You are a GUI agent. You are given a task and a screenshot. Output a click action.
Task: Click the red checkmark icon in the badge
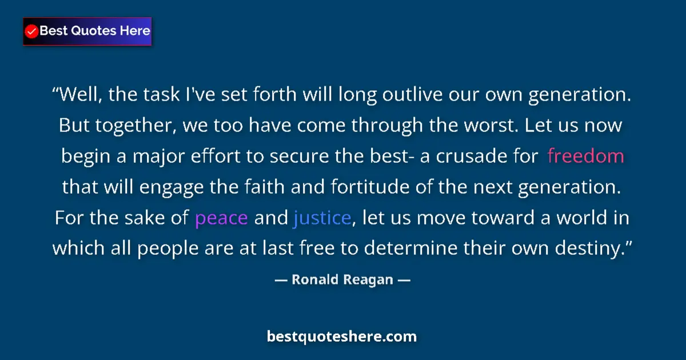pos(32,31)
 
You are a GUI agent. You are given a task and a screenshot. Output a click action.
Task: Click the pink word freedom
pos(585,156)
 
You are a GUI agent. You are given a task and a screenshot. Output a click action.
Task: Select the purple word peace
pos(221,218)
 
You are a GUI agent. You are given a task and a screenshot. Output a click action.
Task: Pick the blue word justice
pos(322,218)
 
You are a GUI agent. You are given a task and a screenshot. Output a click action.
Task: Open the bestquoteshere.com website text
pos(342,336)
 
